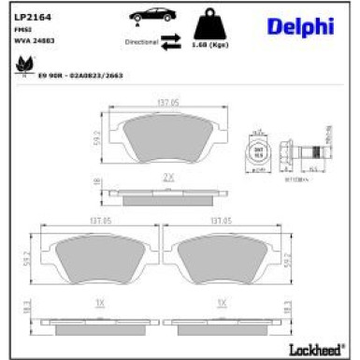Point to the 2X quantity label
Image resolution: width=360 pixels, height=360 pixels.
click(169, 176)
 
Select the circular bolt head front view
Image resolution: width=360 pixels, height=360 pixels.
click(259, 152)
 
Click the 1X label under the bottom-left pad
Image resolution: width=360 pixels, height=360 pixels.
click(99, 302)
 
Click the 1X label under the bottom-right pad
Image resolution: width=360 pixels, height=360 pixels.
click(222, 302)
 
